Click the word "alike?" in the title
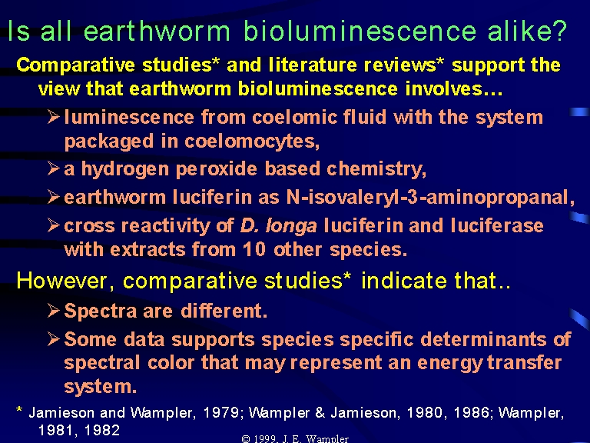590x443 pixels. tap(527, 31)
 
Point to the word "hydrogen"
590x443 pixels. tap(125, 169)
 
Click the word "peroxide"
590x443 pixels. tap(217, 169)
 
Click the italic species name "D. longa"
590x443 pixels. tap(278, 226)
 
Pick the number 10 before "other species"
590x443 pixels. tap(254, 249)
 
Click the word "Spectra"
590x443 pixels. tap(101, 311)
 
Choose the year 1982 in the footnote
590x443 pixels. tap(102, 430)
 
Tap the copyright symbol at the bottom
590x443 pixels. tap(246, 439)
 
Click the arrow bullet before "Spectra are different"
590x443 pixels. tap(54, 311)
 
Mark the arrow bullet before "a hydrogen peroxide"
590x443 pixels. tap(54, 168)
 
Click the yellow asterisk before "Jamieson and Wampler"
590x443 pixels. tap(19, 410)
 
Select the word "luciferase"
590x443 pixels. tap(497, 226)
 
